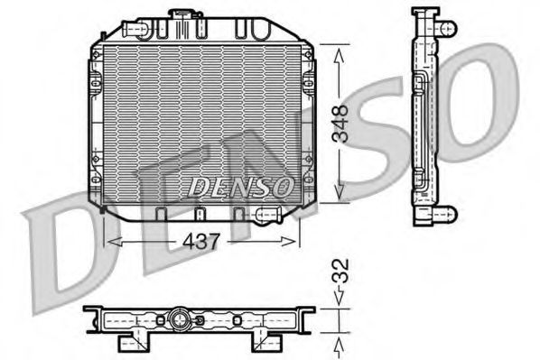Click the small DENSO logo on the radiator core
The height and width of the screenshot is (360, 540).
239,187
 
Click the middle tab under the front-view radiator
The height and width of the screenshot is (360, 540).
200,214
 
